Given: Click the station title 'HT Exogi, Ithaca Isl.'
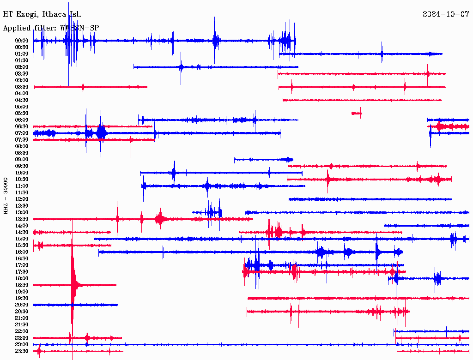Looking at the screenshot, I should coord(42,14).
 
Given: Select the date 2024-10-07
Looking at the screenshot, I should coord(446,14).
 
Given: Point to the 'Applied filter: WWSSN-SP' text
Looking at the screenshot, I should coord(51,28).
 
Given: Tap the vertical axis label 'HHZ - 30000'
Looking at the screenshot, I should coord(6,195).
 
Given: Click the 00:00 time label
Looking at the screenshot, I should coord(22,41).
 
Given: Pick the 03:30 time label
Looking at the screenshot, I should coord(22,87).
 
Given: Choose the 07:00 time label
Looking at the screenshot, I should coord(22,133).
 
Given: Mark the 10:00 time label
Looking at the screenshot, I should coord(22,173).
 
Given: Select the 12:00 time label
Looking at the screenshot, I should coord(22,199).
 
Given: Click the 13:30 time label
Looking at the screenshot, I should coord(22,219).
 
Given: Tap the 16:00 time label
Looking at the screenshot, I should coord(22,252).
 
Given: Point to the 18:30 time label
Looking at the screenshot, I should coord(22,285).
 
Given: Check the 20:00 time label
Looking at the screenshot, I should coord(22,305).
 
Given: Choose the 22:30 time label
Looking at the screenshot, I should coord(22,338).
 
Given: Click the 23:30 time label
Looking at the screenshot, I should coord(22,351).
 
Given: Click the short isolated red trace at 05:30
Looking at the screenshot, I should coord(357,113).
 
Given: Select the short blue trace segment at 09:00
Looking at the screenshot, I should coord(263,160).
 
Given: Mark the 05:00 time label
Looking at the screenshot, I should coord(22,107).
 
